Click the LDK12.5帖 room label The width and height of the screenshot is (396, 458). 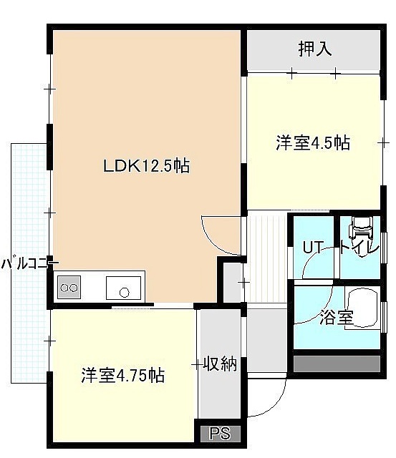click(147, 165)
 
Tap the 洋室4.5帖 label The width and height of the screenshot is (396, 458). click(313, 143)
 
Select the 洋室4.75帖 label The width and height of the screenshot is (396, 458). click(122, 375)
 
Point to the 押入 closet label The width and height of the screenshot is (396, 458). click(315, 49)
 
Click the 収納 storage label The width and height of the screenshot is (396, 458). click(220, 364)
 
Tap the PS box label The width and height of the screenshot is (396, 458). click(221, 434)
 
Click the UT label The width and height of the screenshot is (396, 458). click(313, 248)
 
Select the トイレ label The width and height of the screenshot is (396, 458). click(359, 248)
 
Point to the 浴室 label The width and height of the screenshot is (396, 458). click(337, 317)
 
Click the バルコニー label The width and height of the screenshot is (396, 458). click(30, 264)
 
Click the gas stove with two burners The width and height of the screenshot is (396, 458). click(69, 288)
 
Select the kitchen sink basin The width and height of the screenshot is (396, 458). click(123, 288)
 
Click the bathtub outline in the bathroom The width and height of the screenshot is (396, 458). click(362, 308)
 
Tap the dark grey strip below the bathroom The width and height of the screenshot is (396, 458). click(337, 364)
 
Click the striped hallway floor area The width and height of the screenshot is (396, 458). click(266, 258)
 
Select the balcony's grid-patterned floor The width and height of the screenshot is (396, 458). click(29, 263)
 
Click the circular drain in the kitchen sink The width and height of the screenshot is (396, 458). click(125, 293)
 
